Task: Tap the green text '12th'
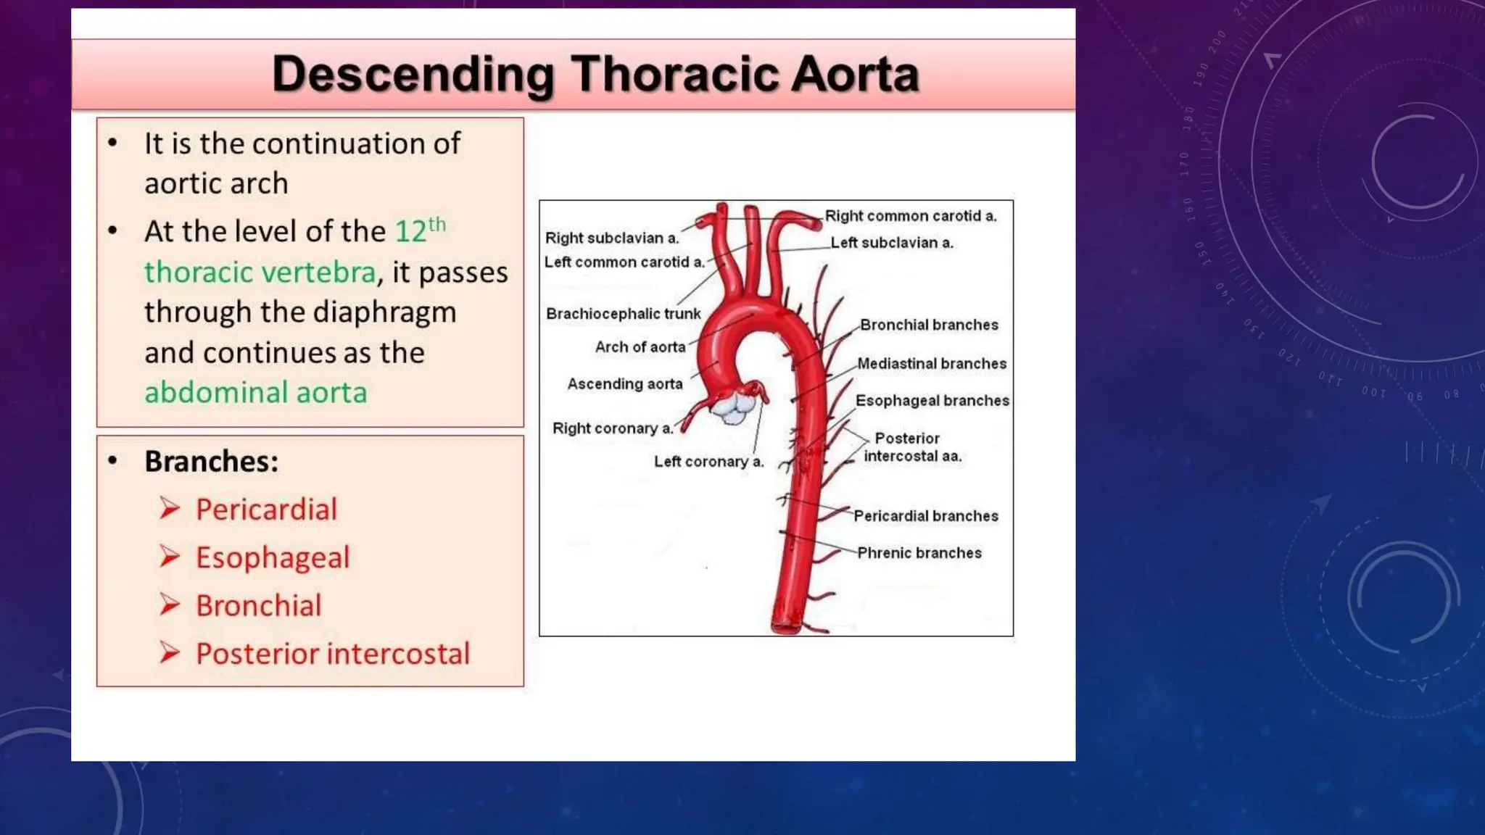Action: [419, 230]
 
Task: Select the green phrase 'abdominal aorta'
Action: [255, 392]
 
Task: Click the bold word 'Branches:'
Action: [211, 461]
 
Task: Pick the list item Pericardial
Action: [266, 509]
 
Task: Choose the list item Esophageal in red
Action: [273, 557]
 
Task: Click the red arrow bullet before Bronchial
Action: [170, 605]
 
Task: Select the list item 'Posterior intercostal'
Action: [333, 653]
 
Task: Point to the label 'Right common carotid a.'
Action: [910, 216]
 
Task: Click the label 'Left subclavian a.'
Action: [891, 243]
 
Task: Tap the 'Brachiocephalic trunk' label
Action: [623, 314]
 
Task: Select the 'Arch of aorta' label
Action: [640, 347]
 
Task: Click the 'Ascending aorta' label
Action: [624, 384]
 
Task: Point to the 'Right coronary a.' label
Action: [612, 428]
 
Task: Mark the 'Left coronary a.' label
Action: [708, 462]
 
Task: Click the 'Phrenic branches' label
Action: [919, 553]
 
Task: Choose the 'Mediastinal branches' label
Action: [931, 364]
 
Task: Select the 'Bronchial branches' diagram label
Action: [929, 325]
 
